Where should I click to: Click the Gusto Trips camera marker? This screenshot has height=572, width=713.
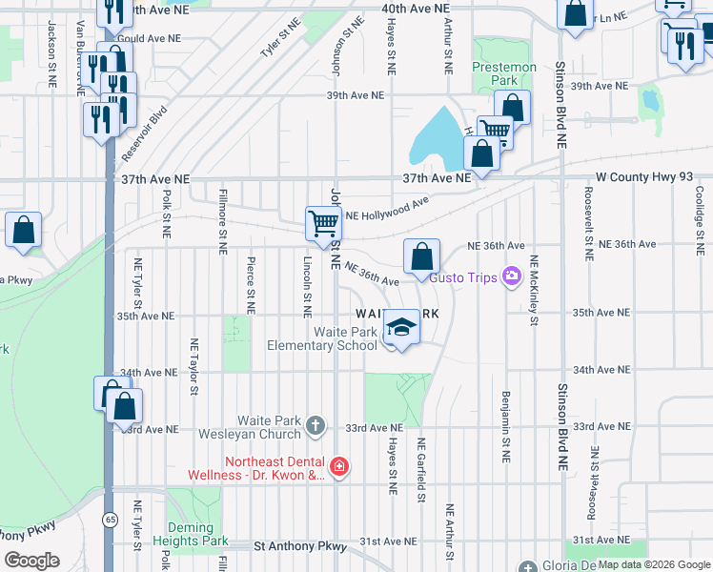(x=513, y=276)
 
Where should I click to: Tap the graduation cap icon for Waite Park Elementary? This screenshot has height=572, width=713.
(x=402, y=329)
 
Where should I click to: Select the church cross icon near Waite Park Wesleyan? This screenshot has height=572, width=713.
(x=316, y=425)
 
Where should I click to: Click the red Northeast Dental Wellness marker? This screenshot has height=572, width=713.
(x=338, y=466)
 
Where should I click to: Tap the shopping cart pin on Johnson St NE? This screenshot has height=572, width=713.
(x=323, y=223)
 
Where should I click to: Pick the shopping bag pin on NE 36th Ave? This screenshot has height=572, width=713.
(x=421, y=256)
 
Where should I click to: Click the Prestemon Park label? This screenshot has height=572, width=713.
(x=504, y=74)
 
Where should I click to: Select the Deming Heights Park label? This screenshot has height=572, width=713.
(x=197, y=534)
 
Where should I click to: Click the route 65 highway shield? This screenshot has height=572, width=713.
(x=110, y=519)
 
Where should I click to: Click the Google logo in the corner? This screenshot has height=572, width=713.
(x=31, y=561)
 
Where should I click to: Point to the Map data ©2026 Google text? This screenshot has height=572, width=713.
(x=653, y=564)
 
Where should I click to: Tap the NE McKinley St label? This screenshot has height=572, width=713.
(x=535, y=290)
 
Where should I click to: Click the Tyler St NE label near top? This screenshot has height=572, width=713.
(x=275, y=44)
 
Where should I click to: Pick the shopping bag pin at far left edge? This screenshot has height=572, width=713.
(x=24, y=231)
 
